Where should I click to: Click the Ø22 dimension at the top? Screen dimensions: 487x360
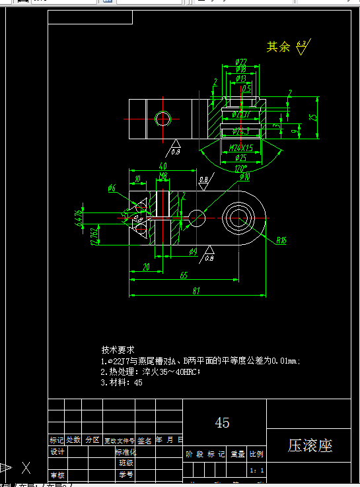[240, 61]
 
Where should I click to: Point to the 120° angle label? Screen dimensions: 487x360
[241, 168]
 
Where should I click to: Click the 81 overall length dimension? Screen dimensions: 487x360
[197, 291]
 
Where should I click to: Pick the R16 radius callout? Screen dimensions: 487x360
[281, 240]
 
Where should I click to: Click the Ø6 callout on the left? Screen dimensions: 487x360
[111, 188]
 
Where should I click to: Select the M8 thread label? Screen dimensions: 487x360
[163, 176]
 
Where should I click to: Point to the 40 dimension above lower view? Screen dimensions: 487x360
[162, 166]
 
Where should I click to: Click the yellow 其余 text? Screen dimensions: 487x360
[277, 47]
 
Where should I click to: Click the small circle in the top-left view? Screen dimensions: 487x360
[162, 119]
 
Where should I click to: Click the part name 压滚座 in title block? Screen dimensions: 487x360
[310, 445]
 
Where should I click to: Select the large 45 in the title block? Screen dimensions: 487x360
[223, 422]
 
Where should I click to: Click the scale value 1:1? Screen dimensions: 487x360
[258, 471]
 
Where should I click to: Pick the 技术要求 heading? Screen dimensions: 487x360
[118, 349]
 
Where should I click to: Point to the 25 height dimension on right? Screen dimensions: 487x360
[314, 116]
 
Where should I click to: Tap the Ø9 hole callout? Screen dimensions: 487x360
[193, 251]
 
